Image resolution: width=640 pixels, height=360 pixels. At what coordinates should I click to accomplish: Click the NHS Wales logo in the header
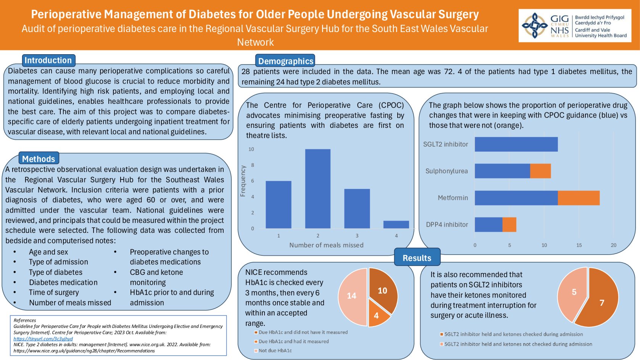tap(574, 26)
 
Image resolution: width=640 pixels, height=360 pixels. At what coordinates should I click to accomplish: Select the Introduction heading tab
tap(48, 60)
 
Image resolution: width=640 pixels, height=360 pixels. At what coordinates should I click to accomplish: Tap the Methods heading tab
tap(39, 159)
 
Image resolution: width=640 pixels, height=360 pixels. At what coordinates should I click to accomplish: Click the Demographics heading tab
tap(285, 61)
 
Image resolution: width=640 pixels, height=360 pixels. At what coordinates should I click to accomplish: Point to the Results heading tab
tap(417, 258)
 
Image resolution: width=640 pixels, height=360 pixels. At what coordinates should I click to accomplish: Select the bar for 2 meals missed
tap(318, 189)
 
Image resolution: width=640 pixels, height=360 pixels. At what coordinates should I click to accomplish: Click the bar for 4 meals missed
tap(396, 224)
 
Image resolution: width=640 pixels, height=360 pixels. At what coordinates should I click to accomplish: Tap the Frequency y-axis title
tap(243, 181)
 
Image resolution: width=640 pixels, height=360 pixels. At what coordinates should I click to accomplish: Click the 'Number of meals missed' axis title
tap(326, 245)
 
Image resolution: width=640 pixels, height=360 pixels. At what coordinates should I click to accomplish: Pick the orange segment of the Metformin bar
tap(578, 198)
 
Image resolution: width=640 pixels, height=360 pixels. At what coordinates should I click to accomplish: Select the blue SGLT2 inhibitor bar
tap(516, 144)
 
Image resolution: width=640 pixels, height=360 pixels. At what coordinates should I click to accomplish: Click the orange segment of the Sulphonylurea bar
tap(540, 171)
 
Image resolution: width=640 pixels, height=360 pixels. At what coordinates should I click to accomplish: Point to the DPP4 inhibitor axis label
tap(447, 224)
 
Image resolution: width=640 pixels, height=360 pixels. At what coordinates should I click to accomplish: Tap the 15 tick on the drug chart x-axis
tap(579, 245)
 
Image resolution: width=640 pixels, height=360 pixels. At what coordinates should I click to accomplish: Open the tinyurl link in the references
tap(43, 339)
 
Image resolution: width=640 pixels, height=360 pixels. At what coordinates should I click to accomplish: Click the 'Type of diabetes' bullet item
tap(56, 272)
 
